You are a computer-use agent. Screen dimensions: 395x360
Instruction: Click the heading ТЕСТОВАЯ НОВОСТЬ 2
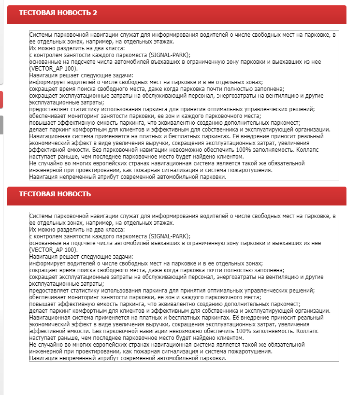[x=58, y=13]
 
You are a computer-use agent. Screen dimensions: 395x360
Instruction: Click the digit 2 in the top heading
[x=95, y=13]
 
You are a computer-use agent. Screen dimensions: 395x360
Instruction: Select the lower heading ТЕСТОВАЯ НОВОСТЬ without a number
[x=55, y=194]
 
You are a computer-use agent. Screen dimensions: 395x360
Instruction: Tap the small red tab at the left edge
[x=1, y=100]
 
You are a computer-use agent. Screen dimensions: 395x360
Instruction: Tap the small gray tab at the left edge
[x=1, y=125]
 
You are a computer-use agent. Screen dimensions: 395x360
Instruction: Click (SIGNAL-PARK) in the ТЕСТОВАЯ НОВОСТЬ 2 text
[x=169, y=55]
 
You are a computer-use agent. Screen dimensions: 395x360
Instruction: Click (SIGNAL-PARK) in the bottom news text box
[x=169, y=236]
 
